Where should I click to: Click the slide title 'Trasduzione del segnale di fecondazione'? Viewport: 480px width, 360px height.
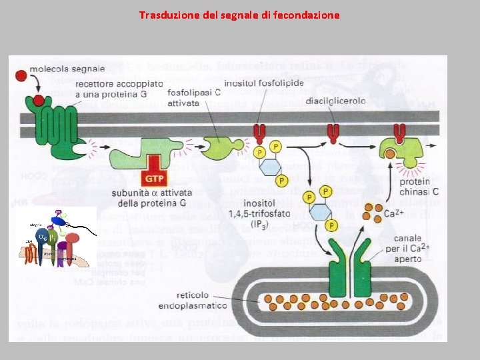(239, 14)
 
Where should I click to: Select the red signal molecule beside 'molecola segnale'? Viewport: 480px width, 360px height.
(21, 77)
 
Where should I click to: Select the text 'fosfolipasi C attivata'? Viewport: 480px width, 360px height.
(193, 99)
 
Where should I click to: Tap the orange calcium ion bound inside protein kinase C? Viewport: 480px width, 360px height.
(389, 155)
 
